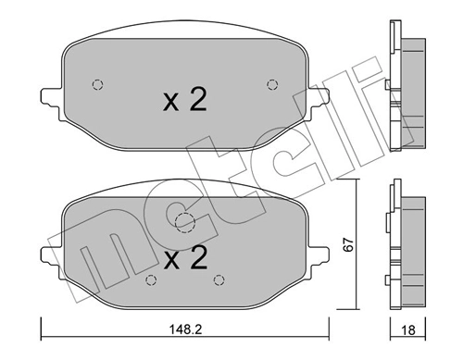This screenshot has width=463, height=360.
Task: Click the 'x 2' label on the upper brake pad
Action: coord(185,101)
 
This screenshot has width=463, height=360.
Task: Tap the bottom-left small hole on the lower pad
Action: coord(151,279)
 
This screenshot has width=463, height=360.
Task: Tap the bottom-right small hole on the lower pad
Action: coord(219,279)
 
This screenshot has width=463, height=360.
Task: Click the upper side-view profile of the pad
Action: coord(406,85)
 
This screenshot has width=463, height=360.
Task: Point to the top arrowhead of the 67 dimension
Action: coord(356,185)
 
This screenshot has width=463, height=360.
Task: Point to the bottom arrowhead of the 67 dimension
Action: coord(356,305)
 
